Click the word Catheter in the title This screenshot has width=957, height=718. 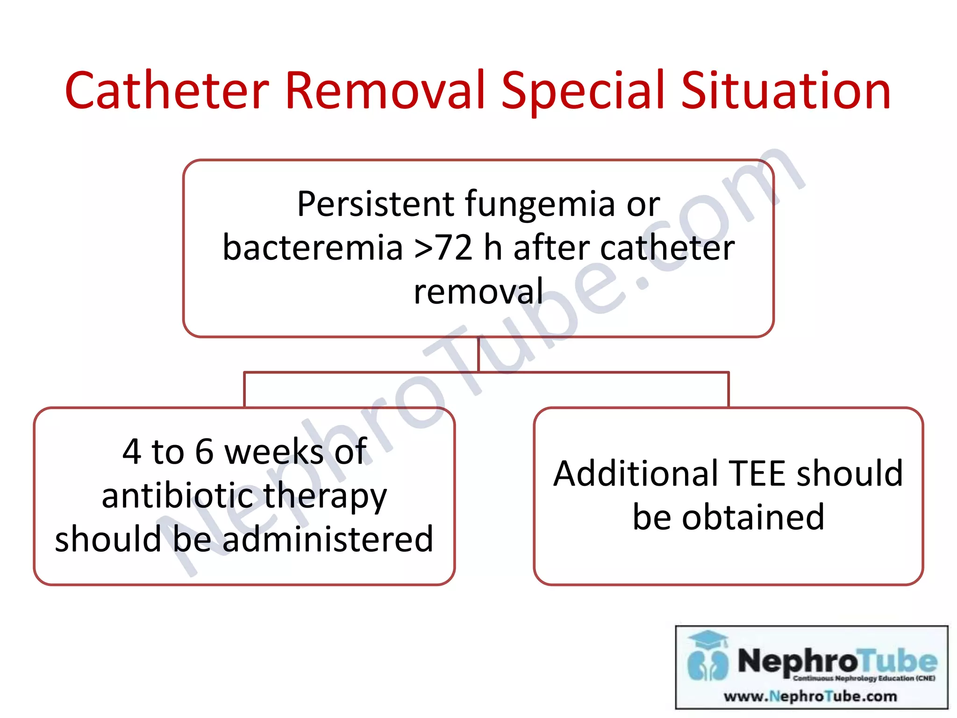click(167, 91)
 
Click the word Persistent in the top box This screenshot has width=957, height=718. click(375, 204)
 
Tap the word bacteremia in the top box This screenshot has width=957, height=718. click(312, 248)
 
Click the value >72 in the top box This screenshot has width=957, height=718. click(443, 248)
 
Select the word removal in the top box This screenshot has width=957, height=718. click(478, 291)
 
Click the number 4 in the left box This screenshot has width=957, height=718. click(132, 452)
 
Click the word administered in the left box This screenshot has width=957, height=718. click(328, 539)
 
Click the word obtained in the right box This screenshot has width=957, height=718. click(753, 517)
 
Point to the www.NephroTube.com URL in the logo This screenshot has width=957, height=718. click(810, 696)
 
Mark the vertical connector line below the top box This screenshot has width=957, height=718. click(478, 354)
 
